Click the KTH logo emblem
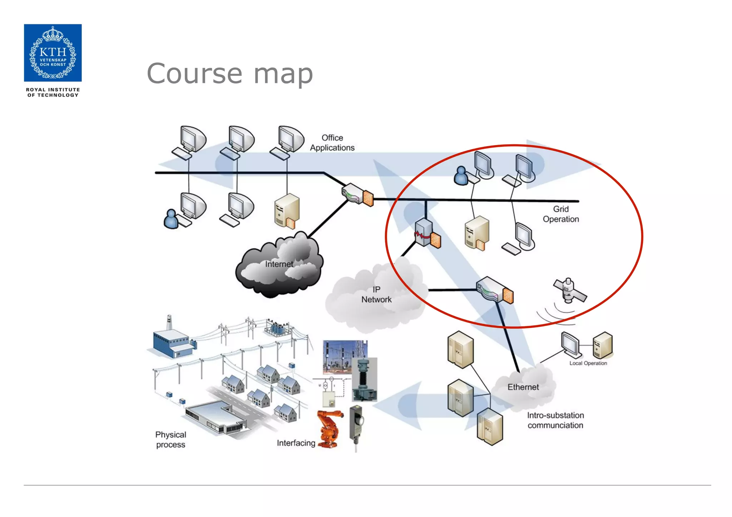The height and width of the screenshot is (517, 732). [53, 53]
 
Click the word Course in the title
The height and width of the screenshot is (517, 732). [195, 74]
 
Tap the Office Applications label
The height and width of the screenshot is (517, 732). [332, 143]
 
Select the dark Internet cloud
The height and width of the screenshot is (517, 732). [279, 264]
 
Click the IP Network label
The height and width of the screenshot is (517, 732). [376, 295]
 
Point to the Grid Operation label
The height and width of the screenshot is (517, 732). [560, 214]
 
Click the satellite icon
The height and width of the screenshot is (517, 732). [569, 290]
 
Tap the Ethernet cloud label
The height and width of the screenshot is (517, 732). [523, 387]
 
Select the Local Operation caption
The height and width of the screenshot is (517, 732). [588, 363]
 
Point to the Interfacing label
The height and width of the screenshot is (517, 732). [296, 443]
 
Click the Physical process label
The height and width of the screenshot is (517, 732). [171, 440]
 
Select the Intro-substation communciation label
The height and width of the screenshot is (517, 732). [555, 420]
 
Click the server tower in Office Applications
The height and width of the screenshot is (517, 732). [287, 211]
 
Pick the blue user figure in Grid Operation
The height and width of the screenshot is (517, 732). [461, 175]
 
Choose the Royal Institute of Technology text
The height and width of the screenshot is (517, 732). [53, 93]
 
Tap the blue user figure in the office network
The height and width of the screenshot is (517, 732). [171, 219]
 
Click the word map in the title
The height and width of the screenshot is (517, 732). [283, 74]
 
